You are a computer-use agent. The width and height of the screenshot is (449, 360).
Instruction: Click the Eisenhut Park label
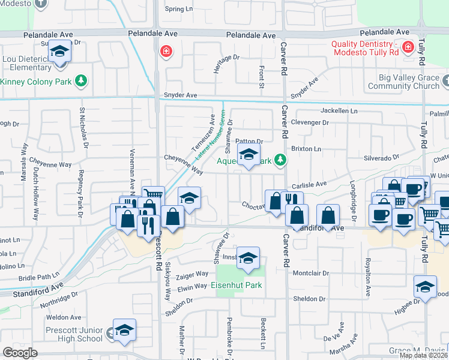237,286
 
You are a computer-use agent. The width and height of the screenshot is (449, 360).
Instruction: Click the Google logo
20,353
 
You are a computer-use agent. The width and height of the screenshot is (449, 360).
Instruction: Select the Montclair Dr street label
311,273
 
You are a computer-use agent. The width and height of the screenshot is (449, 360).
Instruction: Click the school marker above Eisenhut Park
248,257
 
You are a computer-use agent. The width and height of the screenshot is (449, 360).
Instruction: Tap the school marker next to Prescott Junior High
124,329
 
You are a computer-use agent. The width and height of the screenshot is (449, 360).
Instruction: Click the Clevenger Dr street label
309,123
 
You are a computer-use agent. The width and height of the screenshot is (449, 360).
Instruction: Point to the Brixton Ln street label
306,148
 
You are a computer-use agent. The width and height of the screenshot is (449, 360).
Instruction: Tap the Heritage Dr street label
227,65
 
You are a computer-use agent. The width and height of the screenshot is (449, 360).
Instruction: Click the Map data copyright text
423,355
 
